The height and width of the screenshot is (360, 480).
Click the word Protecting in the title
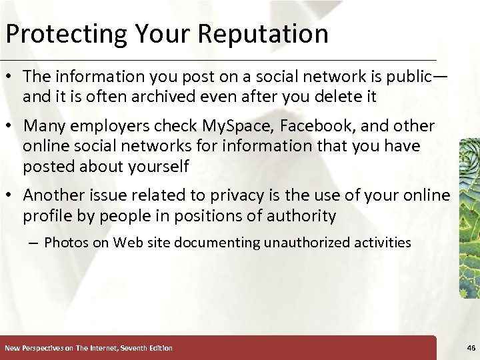[x=63, y=34]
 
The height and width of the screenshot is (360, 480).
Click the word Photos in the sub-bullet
[x=66, y=243]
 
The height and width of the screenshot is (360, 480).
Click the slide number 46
[x=471, y=348]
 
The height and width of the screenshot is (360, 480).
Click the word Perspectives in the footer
[x=43, y=348]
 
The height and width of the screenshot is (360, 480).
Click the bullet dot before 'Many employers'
[x=11, y=127]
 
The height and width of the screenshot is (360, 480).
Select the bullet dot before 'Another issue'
[x=11, y=196]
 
